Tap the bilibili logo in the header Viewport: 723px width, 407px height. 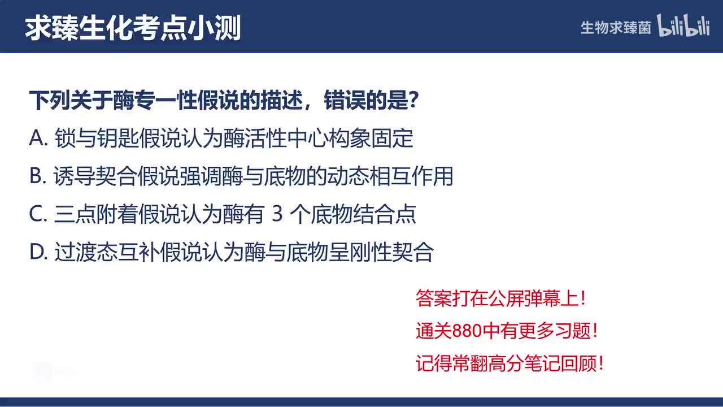(683, 27)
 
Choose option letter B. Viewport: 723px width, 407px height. (37, 177)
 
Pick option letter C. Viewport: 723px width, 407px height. (37, 215)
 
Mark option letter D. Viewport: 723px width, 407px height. (37, 253)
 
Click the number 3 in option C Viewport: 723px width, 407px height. (276, 215)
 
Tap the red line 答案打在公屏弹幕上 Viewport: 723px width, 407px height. (500, 299)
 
